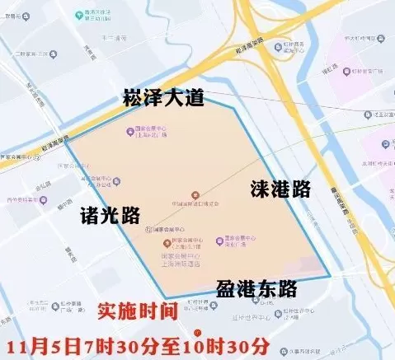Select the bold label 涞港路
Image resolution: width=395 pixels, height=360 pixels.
[x=280, y=189]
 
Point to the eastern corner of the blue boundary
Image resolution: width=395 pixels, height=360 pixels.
[x=329, y=275]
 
